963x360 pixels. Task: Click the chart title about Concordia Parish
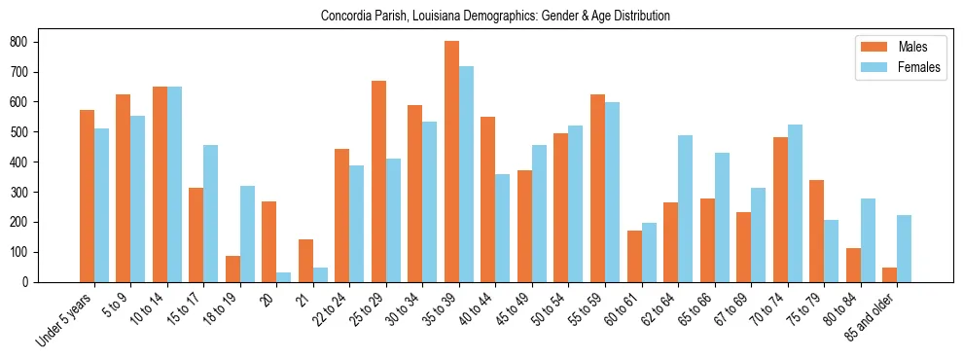click(495, 17)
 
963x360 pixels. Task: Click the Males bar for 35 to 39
click(451, 162)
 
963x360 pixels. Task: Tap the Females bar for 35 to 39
click(467, 174)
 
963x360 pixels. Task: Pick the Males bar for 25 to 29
click(378, 182)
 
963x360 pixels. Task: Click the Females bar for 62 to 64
click(686, 208)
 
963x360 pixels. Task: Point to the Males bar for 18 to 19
click(232, 269)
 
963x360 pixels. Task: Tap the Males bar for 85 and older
click(889, 274)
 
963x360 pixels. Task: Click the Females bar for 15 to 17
click(211, 213)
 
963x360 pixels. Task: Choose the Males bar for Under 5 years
click(87, 196)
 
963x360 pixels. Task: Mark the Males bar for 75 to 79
click(816, 231)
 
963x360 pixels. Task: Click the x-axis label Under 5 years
click(65, 320)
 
